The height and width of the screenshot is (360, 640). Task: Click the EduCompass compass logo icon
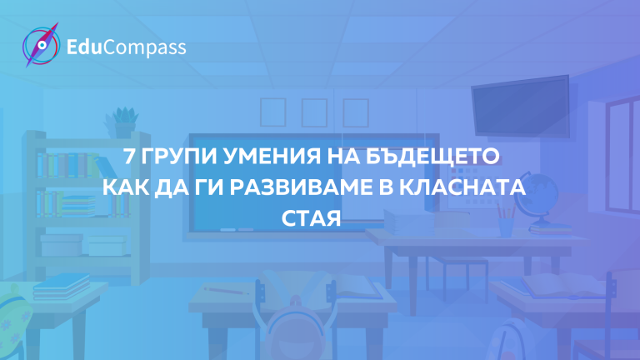point(41,45)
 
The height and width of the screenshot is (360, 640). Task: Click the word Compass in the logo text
point(144,47)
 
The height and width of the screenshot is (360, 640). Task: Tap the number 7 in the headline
point(129,157)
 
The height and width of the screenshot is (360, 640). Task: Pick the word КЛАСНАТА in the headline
point(462,187)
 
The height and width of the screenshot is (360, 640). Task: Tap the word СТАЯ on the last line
point(311,218)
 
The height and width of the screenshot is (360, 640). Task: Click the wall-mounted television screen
point(521,106)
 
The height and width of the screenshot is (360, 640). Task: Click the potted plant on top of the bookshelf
point(122,122)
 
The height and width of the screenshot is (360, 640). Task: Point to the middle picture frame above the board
point(314,112)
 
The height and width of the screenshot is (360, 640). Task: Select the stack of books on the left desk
point(62,286)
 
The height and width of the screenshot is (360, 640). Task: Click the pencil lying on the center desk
point(227,291)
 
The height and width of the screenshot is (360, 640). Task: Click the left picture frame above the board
point(273,112)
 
